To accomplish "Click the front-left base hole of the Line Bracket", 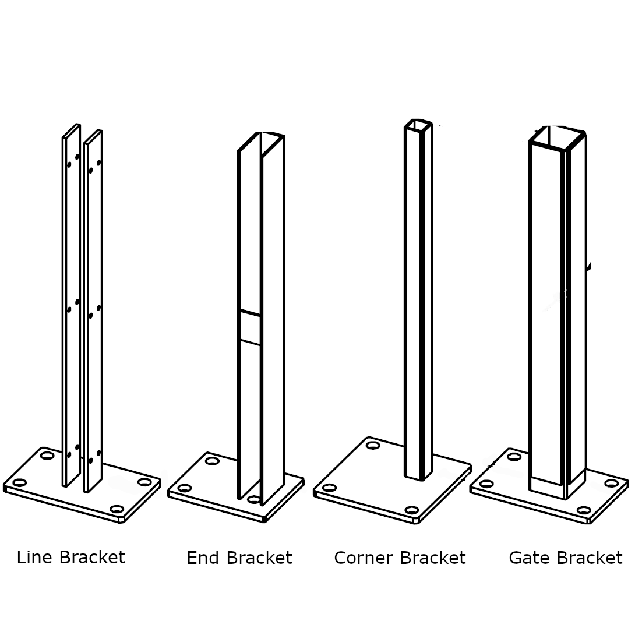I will click(x=20, y=483).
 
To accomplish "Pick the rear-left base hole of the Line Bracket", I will click(x=47, y=455).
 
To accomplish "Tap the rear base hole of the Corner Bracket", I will click(x=373, y=446).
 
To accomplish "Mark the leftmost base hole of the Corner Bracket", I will click(x=329, y=488).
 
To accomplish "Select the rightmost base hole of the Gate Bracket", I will click(x=611, y=483).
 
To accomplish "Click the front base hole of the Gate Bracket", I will click(x=583, y=510).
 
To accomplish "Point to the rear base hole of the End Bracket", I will click(x=213, y=461).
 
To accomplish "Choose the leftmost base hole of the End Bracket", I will click(x=185, y=488).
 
